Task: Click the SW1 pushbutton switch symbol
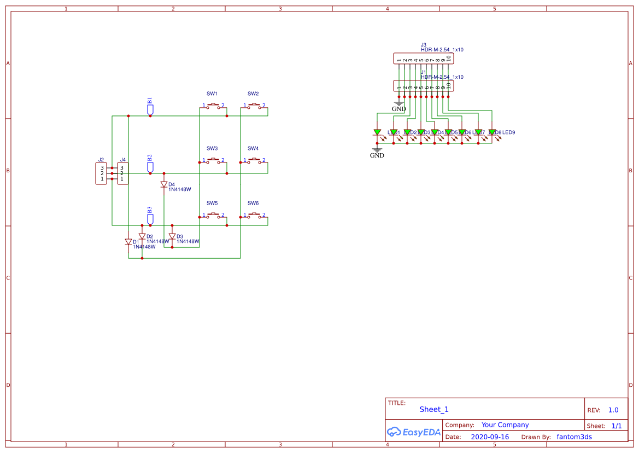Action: pyautogui.click(x=213, y=105)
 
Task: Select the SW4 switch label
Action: pyautogui.click(x=253, y=149)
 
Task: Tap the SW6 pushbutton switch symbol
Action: pyautogui.click(x=254, y=214)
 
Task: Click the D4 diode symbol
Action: pyautogui.click(x=164, y=185)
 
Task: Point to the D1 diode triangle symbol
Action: pyautogui.click(x=128, y=242)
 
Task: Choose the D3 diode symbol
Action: pyautogui.click(x=172, y=237)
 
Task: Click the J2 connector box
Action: pyautogui.click(x=101, y=173)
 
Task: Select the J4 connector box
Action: pyautogui.click(x=122, y=173)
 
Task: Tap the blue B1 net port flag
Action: pyautogui.click(x=150, y=109)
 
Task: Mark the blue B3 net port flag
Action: pyautogui.click(x=150, y=219)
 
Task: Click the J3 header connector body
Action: pyautogui.click(x=424, y=59)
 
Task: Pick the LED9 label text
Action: pyautogui.click(x=509, y=132)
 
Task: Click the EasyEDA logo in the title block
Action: pyautogui.click(x=413, y=432)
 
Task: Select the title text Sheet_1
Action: pyautogui.click(x=434, y=409)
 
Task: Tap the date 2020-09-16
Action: pyautogui.click(x=490, y=437)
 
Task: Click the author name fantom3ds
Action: pyautogui.click(x=574, y=437)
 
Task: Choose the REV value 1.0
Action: pyautogui.click(x=613, y=410)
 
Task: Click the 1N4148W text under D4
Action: pyautogui.click(x=180, y=189)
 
